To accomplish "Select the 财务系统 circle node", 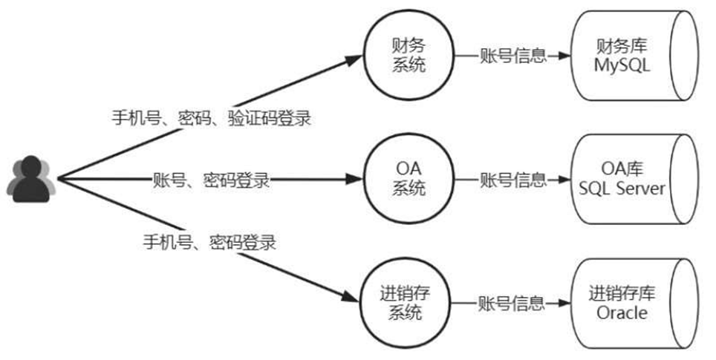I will pos(408,56).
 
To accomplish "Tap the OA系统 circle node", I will pos(408,180).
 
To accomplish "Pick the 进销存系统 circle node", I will pos(408,303).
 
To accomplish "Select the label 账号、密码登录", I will pos(211,180).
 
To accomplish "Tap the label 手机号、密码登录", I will pos(209,241).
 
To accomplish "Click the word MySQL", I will pos(622,65).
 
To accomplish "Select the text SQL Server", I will pos(622,189).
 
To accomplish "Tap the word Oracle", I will pos(622,312).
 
